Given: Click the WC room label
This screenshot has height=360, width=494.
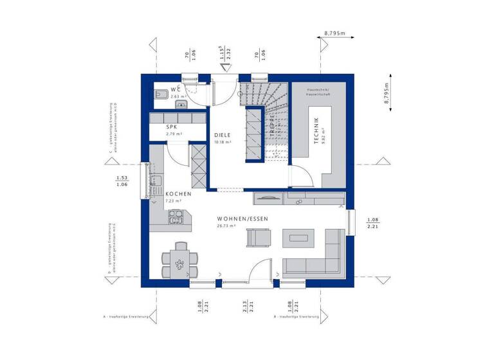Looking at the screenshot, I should pyautogui.click(x=176, y=89).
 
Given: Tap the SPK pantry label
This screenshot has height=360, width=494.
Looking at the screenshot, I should pyautogui.click(x=172, y=127).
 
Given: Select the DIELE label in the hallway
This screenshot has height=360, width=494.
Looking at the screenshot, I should pyautogui.click(x=223, y=135).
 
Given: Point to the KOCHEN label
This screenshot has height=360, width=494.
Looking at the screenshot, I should pyautogui.click(x=177, y=194).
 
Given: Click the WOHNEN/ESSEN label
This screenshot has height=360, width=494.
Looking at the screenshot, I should pyautogui.click(x=242, y=219).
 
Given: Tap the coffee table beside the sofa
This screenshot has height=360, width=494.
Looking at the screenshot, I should pyautogui.click(x=300, y=239).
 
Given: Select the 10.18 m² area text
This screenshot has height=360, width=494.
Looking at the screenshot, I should pyautogui.click(x=223, y=142).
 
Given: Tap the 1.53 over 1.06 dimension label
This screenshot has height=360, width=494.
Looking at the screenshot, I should pyautogui.click(x=121, y=181).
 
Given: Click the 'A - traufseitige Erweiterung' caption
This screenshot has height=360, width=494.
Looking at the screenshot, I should pyautogui.click(x=126, y=317).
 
